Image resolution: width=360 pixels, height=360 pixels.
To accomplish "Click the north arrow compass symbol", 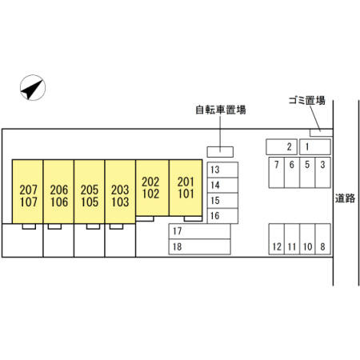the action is [33, 87].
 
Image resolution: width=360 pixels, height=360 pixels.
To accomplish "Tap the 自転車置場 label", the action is [221, 110].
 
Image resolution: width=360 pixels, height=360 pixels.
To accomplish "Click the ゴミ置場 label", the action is [307, 101].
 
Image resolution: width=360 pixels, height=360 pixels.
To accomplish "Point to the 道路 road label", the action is [345, 198].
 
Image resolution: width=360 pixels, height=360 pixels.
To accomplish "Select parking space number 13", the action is [222, 170].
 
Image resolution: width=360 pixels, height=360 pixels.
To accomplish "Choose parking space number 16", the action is [222, 216].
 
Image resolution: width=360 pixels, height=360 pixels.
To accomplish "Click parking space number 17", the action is [200, 231].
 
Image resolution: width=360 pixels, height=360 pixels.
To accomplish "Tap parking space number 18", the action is [200, 246].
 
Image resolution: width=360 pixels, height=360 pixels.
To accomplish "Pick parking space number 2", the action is [282, 147].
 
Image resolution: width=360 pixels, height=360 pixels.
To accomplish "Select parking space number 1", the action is [315, 147].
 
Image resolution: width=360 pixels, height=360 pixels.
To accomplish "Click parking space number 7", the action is [277, 173].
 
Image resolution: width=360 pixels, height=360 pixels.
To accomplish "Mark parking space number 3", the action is [323, 173].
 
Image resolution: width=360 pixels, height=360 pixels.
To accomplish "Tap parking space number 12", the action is [277, 239].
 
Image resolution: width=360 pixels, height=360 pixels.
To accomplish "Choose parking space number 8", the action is [323, 239].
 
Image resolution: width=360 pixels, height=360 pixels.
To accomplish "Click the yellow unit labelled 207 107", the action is [27, 191].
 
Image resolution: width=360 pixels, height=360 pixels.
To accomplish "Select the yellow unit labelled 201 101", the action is [186, 188].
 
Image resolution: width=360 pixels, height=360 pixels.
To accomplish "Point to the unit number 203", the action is [120, 190].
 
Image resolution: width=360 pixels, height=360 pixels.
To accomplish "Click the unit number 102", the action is [150, 194].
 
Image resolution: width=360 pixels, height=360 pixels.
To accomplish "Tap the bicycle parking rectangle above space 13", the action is [220, 152].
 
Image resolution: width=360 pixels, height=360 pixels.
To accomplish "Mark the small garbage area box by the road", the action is [322, 133].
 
